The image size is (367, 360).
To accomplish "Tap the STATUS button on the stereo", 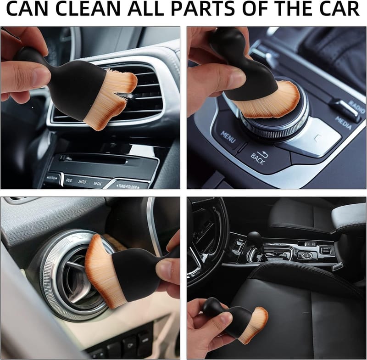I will (x=82, y=182).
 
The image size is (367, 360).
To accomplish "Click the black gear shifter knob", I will (x=255, y=239).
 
